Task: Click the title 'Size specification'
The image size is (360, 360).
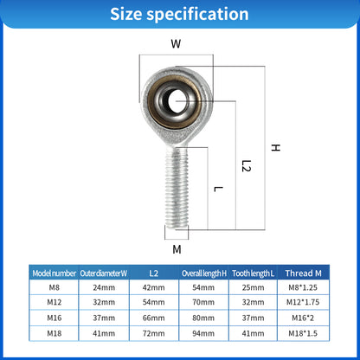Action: click(x=179, y=14)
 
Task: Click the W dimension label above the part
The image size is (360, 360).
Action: click(x=176, y=42)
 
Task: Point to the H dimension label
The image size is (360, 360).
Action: click(x=275, y=148)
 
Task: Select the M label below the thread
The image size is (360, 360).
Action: click(x=177, y=250)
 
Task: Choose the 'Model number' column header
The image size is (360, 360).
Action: click(x=54, y=273)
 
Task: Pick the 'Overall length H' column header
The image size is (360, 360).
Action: click(x=204, y=273)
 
